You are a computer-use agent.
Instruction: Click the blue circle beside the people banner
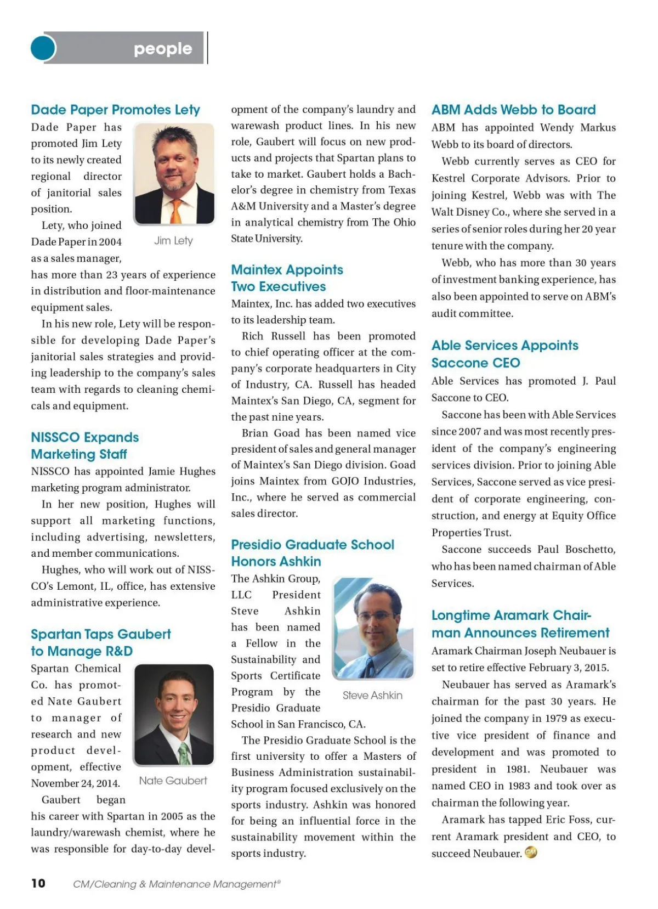click(43, 48)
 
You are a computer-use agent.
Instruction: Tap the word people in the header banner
click(163, 49)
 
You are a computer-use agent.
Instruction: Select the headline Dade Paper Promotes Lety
click(115, 110)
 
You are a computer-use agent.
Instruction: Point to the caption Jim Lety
click(173, 241)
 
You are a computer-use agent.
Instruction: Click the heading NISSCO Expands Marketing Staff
click(85, 445)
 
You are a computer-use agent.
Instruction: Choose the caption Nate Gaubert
click(173, 781)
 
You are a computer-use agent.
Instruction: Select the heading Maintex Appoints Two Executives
click(287, 278)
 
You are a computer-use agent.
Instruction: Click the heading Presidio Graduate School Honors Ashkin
click(313, 553)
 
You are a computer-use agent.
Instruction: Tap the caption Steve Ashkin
click(372, 695)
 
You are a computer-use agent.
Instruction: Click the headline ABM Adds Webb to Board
click(513, 110)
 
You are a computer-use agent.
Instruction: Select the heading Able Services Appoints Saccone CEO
click(504, 354)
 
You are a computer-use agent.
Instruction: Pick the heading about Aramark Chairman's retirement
click(520, 624)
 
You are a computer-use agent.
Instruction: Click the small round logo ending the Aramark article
click(531, 852)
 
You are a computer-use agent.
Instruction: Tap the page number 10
click(38, 883)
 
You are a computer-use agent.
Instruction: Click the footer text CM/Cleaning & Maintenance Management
click(177, 884)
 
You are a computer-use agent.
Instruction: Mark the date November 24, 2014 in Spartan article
click(75, 783)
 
